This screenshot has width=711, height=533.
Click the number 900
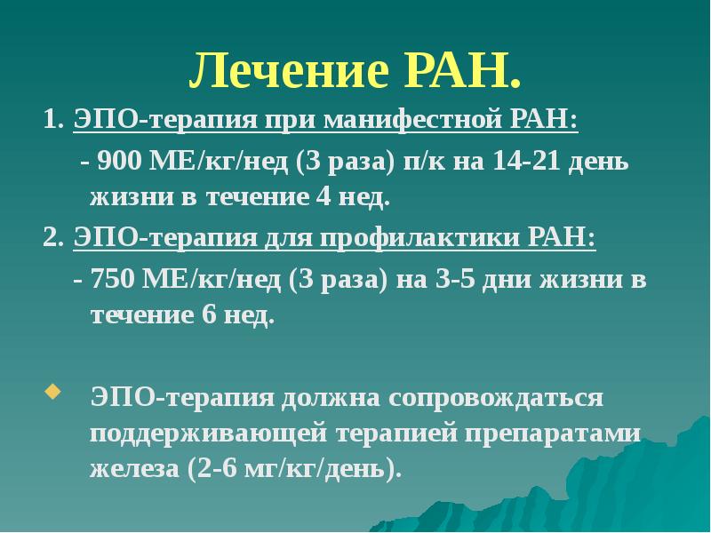tap(117, 163)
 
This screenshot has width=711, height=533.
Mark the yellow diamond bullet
tap(52, 391)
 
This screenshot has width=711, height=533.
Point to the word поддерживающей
tap(206, 434)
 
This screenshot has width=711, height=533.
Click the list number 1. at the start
tap(52, 120)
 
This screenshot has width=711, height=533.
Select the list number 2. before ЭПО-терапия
tap(52, 239)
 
